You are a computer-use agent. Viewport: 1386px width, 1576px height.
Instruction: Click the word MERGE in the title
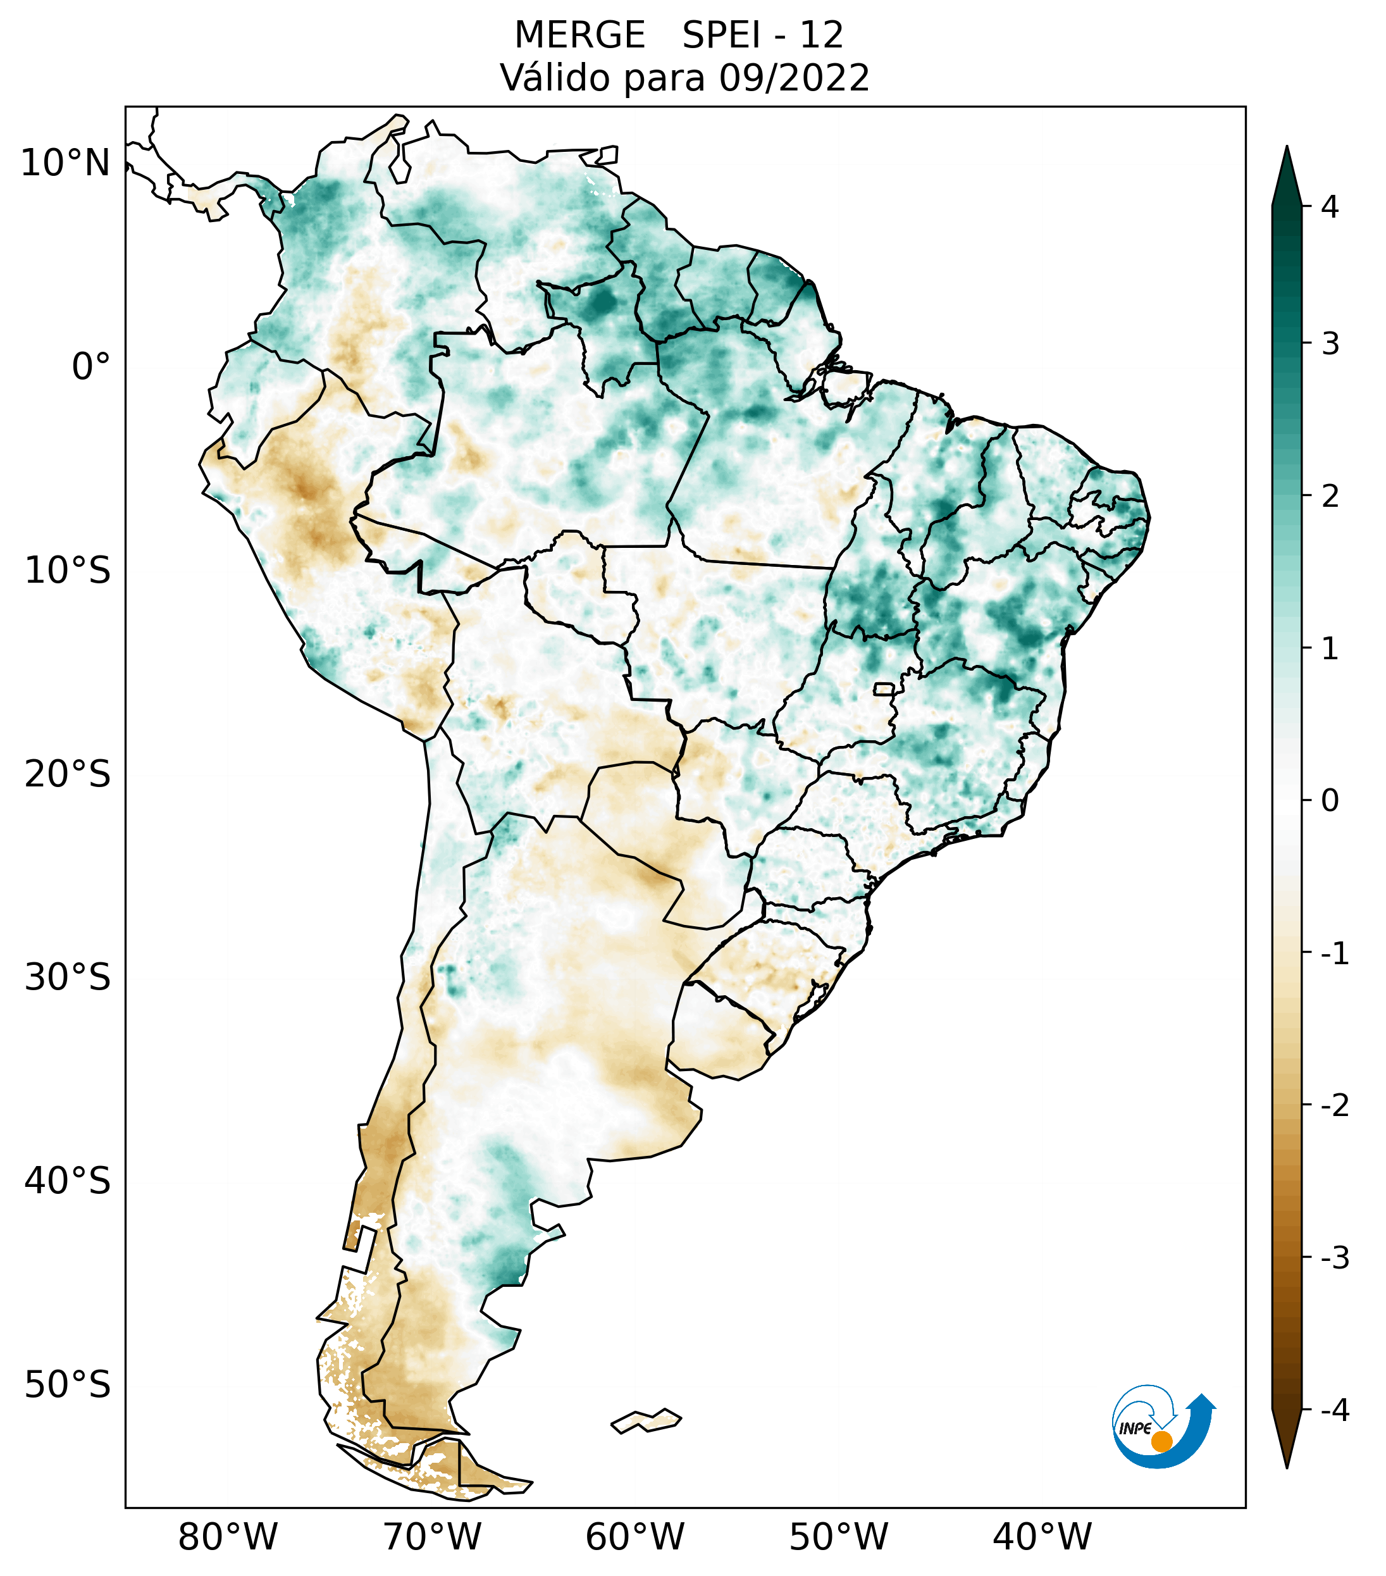tap(579, 35)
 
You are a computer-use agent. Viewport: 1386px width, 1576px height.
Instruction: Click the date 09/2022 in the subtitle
tap(794, 78)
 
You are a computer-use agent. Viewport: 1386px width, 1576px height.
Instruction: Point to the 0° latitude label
tap(91, 367)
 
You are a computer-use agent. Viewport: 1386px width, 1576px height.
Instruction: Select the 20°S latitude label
tap(68, 774)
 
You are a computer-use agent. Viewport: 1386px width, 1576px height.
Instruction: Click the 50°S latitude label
tap(68, 1386)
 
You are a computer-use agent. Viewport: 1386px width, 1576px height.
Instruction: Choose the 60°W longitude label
tap(634, 1537)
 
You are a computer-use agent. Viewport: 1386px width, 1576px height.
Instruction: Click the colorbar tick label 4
tap(1330, 207)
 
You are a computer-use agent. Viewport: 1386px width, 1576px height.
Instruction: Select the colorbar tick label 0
tap(1330, 801)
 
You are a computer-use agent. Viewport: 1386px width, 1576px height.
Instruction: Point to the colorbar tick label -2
tap(1334, 1106)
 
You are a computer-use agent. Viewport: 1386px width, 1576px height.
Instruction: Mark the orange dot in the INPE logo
tap(1161, 1441)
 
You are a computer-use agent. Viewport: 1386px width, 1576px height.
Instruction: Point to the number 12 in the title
tap(821, 35)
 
